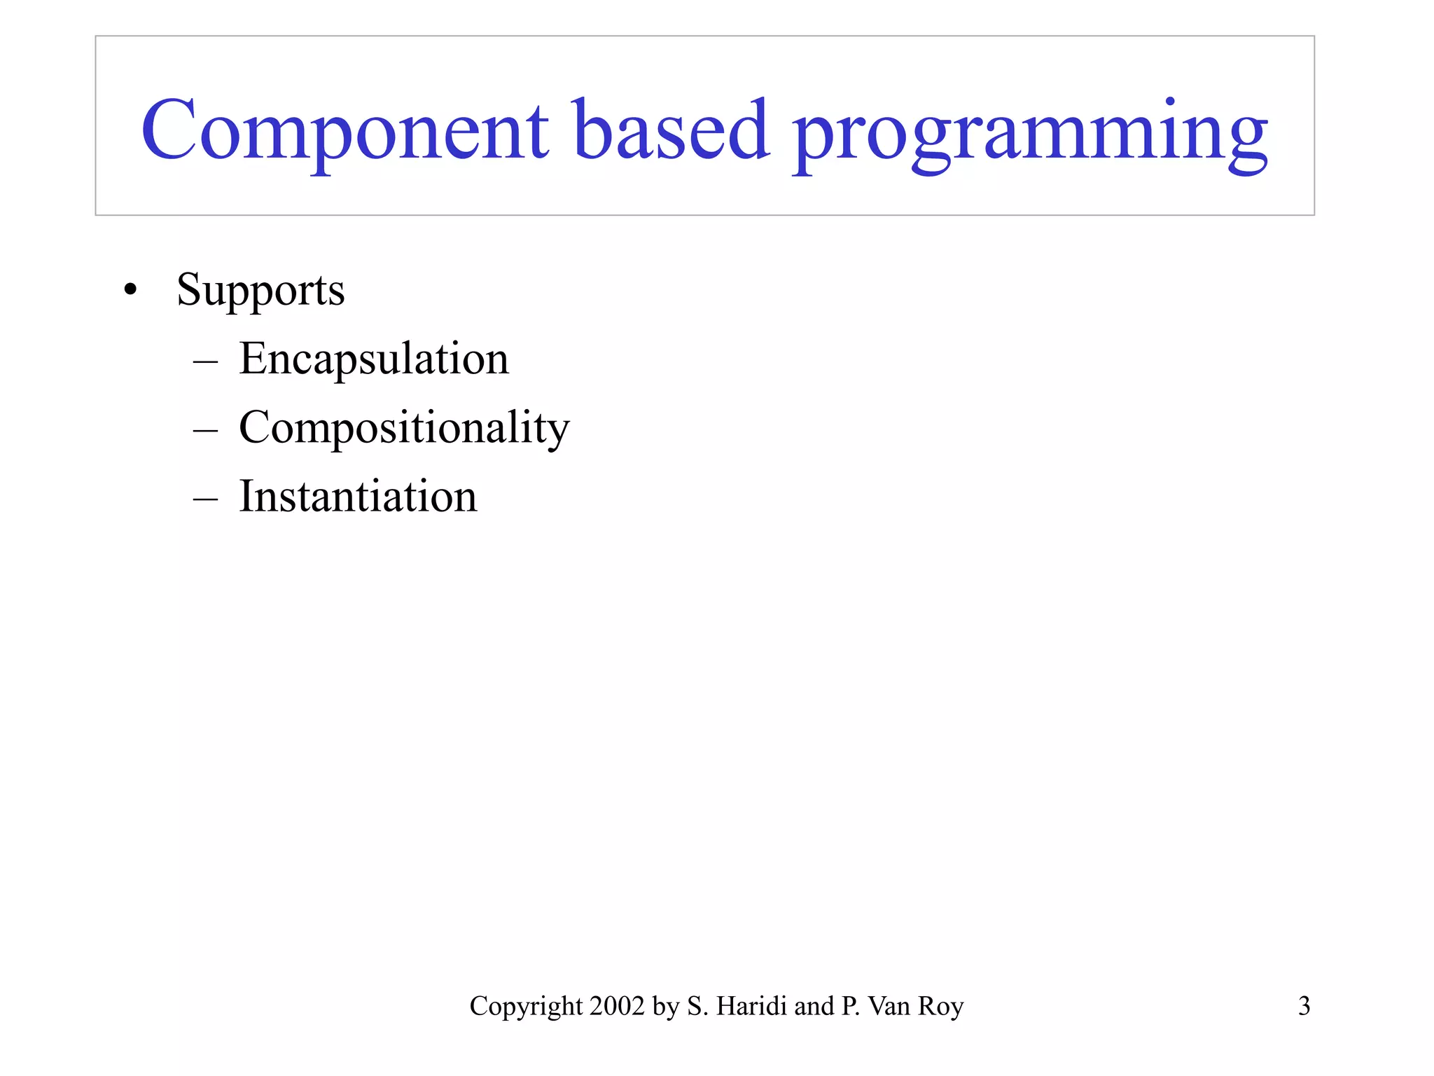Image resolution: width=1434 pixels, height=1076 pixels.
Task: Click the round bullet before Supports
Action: (130, 289)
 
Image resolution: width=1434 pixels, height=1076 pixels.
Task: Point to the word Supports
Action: (260, 289)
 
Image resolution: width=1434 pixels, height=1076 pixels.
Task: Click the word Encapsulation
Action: (374, 359)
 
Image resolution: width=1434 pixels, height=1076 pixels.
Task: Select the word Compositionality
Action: (404, 427)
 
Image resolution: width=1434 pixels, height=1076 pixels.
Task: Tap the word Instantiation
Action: (358, 496)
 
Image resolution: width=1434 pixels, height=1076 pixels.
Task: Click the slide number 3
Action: (1304, 1006)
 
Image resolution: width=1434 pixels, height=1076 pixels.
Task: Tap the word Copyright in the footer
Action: (526, 1007)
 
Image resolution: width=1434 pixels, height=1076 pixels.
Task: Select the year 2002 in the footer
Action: (617, 1006)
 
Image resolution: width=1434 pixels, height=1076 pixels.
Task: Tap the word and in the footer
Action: (814, 1006)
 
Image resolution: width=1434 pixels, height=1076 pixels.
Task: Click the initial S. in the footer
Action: (698, 1006)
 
